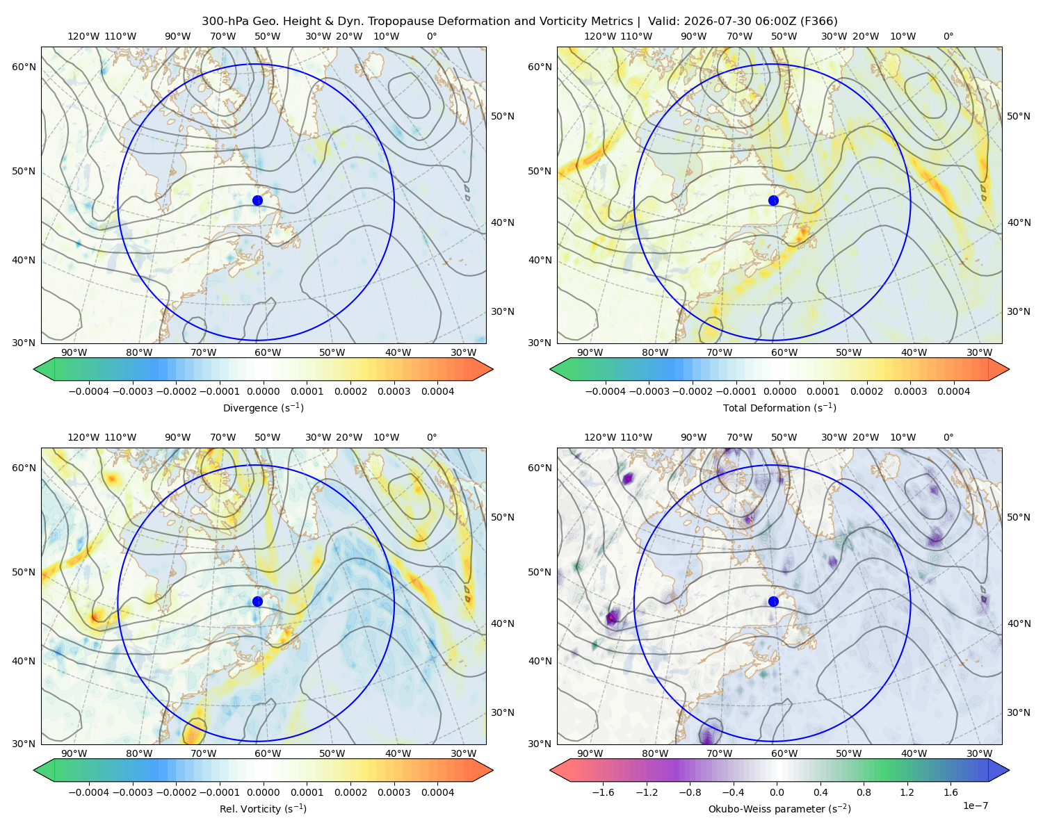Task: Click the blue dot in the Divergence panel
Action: (x=257, y=200)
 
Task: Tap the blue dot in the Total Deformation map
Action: (x=773, y=200)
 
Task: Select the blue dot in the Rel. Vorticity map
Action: (x=257, y=601)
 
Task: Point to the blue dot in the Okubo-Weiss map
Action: (x=773, y=601)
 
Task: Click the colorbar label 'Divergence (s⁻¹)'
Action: (x=263, y=407)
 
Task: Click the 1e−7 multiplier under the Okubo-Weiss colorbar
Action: (x=975, y=806)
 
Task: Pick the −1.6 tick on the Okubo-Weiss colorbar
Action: (x=603, y=792)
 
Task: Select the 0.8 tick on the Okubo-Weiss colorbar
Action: (x=864, y=792)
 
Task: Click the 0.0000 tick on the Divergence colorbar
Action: (x=263, y=391)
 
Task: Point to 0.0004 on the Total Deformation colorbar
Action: (x=953, y=391)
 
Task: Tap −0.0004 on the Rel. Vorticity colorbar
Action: (x=89, y=792)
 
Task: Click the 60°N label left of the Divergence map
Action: (x=24, y=67)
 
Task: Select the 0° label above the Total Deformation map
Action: (x=948, y=36)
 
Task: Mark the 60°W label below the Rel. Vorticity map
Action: (x=268, y=753)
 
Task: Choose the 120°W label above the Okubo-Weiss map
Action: (x=599, y=436)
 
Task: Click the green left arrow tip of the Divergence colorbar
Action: (x=34, y=369)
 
